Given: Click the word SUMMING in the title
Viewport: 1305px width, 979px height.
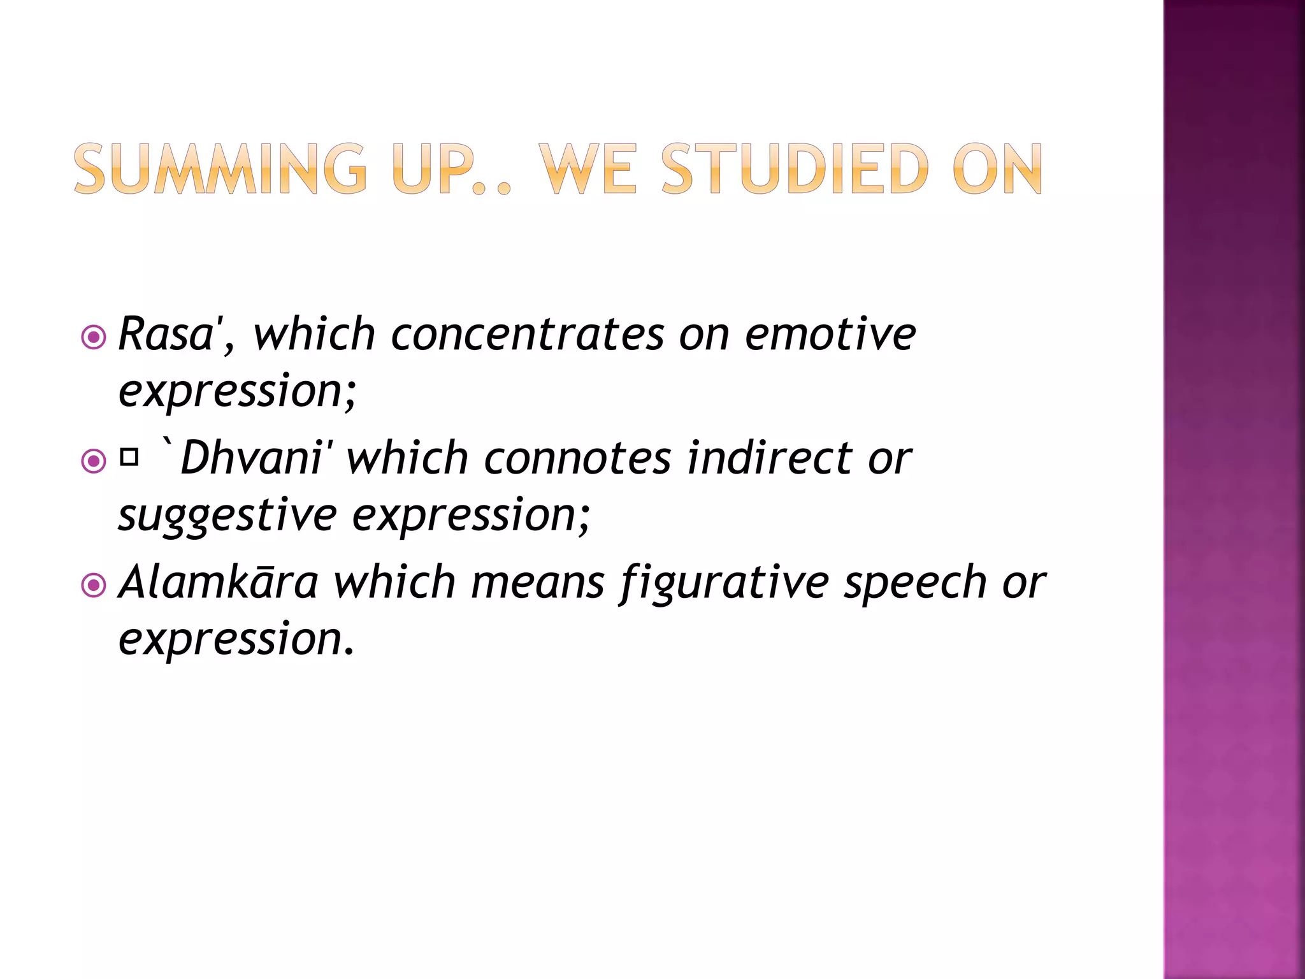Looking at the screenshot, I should [x=220, y=169].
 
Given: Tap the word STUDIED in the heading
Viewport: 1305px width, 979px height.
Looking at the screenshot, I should [x=795, y=169].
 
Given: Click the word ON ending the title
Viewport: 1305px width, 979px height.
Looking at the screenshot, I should [x=997, y=169].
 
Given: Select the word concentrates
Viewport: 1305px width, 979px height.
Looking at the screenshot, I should [x=528, y=334].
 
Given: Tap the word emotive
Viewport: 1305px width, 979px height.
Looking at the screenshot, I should [x=830, y=334].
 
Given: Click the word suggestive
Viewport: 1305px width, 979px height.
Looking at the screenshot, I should [x=227, y=515].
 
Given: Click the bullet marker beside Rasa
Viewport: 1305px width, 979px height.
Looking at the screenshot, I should [x=94, y=337].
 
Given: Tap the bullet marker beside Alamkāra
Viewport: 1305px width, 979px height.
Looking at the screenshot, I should [x=94, y=584].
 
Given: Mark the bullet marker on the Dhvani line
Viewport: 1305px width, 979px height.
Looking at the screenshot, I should [x=94, y=461].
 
